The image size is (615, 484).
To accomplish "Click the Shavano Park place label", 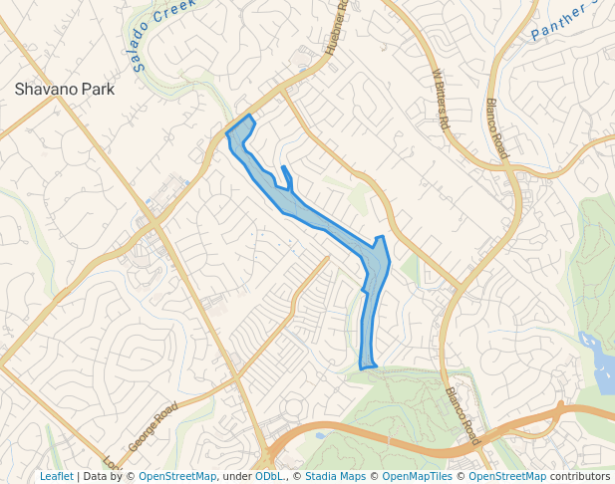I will (65, 89).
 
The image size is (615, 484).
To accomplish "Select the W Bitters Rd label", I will (442, 98).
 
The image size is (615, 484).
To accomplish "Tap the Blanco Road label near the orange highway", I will (462, 415).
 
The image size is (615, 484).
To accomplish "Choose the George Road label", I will (153, 425).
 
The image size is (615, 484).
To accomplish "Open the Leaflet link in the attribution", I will (56, 476).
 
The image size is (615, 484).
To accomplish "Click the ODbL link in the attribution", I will (268, 476).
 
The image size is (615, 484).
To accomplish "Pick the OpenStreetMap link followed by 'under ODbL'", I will (177, 476).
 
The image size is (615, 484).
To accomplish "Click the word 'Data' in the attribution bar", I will (96, 476).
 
